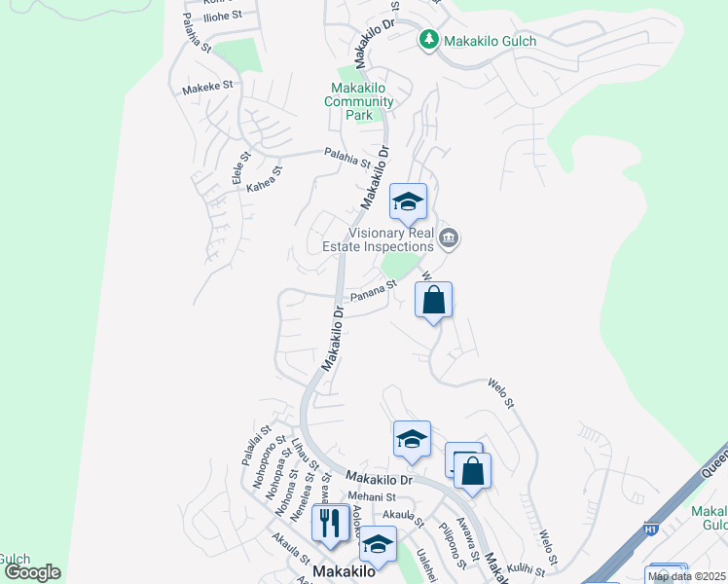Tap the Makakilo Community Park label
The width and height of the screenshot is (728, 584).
[359, 101]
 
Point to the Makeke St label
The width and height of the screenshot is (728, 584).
[207, 87]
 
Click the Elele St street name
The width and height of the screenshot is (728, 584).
[239, 167]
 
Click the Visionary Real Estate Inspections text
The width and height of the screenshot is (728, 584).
[378, 239]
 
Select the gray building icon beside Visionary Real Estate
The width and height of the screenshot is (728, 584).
[449, 237]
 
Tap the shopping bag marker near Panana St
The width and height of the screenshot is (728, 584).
[434, 300]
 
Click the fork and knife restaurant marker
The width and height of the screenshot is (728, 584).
[331, 524]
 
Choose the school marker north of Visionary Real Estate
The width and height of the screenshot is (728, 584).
[408, 201]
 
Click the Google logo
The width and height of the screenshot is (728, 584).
[32, 572]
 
